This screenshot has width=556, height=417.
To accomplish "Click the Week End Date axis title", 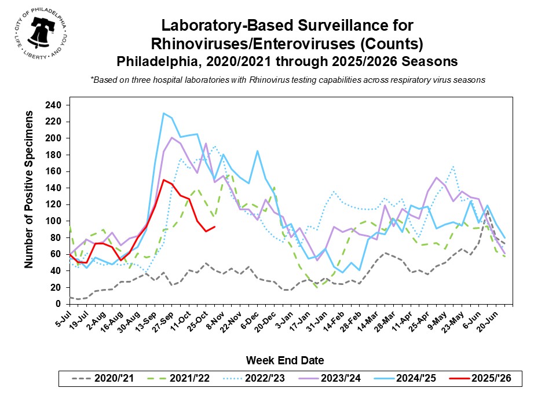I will tap(284, 360).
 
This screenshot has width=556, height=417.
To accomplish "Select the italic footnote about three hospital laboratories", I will tap(287, 80).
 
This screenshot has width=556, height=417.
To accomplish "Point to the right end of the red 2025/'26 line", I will tap(214, 226).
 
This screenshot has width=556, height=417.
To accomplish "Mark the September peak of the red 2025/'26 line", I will tap(164, 180).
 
